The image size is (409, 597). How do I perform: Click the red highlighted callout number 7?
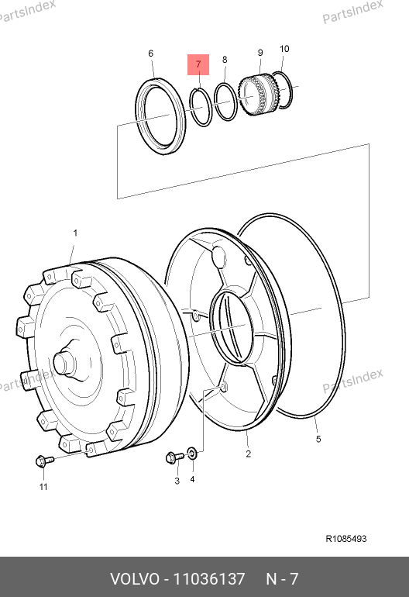pos(198,64)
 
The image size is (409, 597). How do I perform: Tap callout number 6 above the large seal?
pos(151,53)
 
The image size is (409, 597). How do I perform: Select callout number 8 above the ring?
pos(225,60)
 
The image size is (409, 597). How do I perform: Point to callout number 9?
pos(260,53)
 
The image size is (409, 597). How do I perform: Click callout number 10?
pos(284,49)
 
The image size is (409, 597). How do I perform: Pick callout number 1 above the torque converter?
pos(75,233)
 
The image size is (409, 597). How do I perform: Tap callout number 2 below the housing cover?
pos(248,454)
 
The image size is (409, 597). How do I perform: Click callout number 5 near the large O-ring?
pos(318,439)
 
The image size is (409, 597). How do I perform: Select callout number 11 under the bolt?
pos(43,487)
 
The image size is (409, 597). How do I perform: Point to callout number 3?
pos(177,481)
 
